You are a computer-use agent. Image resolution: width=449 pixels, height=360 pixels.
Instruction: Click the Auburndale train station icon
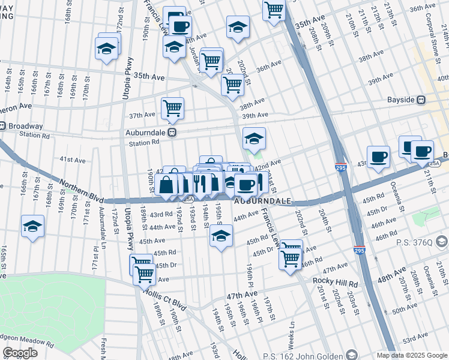tap(172, 133)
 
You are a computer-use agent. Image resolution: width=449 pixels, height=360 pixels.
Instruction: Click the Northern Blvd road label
tap(77, 193)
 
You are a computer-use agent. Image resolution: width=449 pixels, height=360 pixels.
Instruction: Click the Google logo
tap(20, 353)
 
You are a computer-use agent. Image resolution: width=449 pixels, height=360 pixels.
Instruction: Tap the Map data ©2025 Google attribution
tap(412, 355)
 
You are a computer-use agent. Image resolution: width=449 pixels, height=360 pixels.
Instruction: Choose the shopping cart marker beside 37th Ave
tap(172, 108)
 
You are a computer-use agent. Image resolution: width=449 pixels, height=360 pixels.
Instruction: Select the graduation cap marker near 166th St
tap(32, 226)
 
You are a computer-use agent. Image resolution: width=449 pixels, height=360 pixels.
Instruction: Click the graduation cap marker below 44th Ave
tap(221, 237)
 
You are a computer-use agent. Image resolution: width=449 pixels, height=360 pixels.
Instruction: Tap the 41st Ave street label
tap(72, 160)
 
